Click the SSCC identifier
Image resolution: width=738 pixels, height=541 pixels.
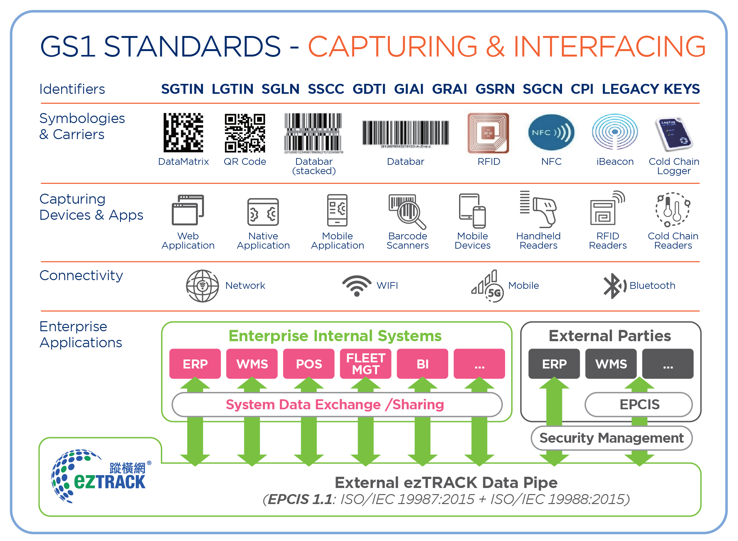pos(326,89)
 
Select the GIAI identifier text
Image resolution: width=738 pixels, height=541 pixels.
pos(409,89)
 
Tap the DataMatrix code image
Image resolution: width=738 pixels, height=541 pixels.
pos(183,133)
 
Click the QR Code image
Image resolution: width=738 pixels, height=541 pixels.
pos(244,133)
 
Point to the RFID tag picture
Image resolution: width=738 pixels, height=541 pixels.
pos(488,133)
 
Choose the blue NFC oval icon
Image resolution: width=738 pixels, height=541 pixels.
pos(551,132)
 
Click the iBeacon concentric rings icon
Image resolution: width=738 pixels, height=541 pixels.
pos(615,132)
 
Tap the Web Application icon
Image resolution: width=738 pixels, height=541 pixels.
pos(188,210)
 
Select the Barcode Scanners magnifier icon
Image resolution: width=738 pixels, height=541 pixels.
pos(408,211)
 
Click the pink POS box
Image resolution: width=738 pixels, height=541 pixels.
pos(309,364)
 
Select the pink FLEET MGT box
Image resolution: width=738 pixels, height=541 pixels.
pos(365,364)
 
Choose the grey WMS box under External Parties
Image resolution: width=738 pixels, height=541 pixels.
pos(611,364)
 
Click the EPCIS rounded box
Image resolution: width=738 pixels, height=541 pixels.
pos(639,404)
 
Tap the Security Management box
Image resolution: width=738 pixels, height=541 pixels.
pos(612,438)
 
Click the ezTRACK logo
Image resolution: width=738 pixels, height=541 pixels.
pos(100,476)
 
